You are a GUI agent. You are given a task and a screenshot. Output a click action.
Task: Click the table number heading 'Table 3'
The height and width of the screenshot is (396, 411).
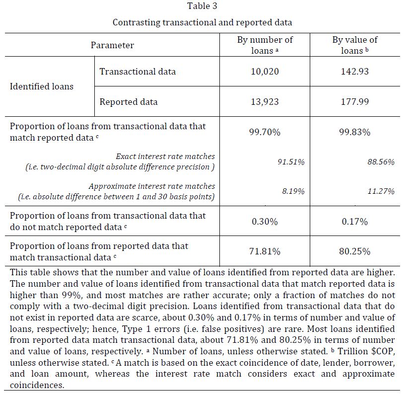pos(202,6)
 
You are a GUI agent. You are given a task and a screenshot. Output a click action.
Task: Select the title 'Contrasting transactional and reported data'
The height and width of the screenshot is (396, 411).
pos(202,22)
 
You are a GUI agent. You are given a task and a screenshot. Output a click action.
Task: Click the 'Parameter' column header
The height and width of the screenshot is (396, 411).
pos(112,45)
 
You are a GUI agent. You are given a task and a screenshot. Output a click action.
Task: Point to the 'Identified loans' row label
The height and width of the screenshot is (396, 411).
pos(42,86)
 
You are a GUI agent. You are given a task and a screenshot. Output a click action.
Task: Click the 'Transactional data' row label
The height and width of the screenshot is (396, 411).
pos(137,72)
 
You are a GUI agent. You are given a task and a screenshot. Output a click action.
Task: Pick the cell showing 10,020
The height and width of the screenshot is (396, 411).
pos(265,72)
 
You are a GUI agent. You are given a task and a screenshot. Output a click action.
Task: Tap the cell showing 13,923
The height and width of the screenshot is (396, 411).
pos(265,102)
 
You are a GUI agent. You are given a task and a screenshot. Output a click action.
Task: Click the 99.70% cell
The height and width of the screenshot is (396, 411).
pos(265,132)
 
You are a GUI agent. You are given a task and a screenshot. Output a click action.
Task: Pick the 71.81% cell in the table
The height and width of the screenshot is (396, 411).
pos(265,251)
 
